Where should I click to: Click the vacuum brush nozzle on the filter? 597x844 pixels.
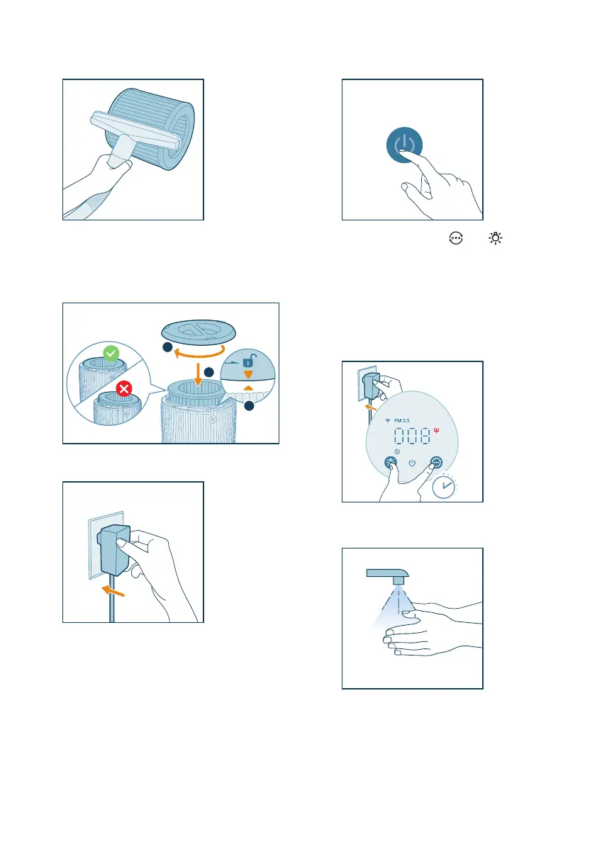(135, 131)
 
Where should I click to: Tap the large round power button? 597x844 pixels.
(404, 145)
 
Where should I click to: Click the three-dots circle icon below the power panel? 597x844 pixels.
(456, 238)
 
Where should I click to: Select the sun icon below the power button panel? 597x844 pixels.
(496, 238)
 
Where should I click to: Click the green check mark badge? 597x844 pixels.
(111, 353)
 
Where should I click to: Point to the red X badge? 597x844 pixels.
(124, 388)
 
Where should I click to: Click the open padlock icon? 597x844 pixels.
(249, 361)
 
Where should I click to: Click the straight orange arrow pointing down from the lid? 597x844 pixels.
(198, 375)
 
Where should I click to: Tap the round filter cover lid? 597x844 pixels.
(199, 332)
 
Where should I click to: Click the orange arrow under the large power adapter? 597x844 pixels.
(113, 591)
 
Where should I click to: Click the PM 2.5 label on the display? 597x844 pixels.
(401, 420)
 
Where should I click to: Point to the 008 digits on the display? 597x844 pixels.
(412, 435)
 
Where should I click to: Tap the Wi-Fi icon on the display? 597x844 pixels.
(388, 420)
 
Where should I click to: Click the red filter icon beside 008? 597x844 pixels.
(436, 430)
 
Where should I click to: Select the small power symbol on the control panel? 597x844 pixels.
(412, 463)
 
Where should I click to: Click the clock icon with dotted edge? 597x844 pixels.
(444, 487)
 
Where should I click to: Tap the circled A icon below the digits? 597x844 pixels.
(397, 451)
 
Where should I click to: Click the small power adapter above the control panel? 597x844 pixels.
(371, 386)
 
